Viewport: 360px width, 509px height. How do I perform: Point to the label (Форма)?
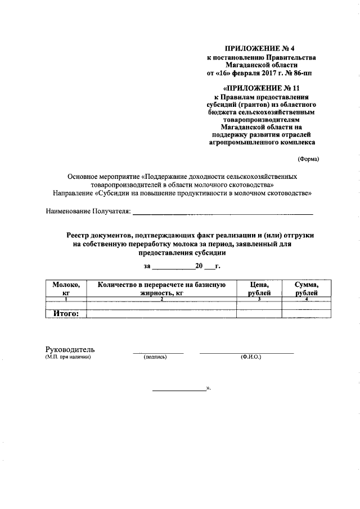click(308, 159)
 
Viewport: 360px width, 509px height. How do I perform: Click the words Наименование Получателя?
click(88, 211)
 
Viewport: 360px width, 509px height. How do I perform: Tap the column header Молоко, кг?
click(66, 289)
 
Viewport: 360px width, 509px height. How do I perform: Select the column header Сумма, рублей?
click(307, 289)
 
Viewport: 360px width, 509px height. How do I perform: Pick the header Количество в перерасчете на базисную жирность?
click(161, 289)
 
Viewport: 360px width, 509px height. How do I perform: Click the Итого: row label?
click(66, 313)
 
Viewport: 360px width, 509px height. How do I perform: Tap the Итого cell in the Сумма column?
click(307, 313)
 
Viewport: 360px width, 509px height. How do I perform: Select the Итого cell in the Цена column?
click(259, 313)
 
